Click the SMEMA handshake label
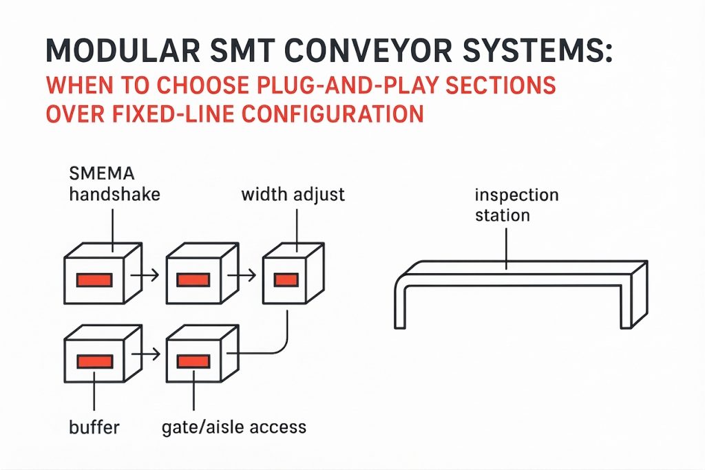coord(114,184)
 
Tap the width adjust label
coord(293,195)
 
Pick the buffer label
coord(94,427)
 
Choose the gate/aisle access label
coord(233,427)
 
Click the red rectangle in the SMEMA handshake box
coord(94,279)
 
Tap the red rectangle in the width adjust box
coord(286,279)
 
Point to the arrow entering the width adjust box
coord(245,277)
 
